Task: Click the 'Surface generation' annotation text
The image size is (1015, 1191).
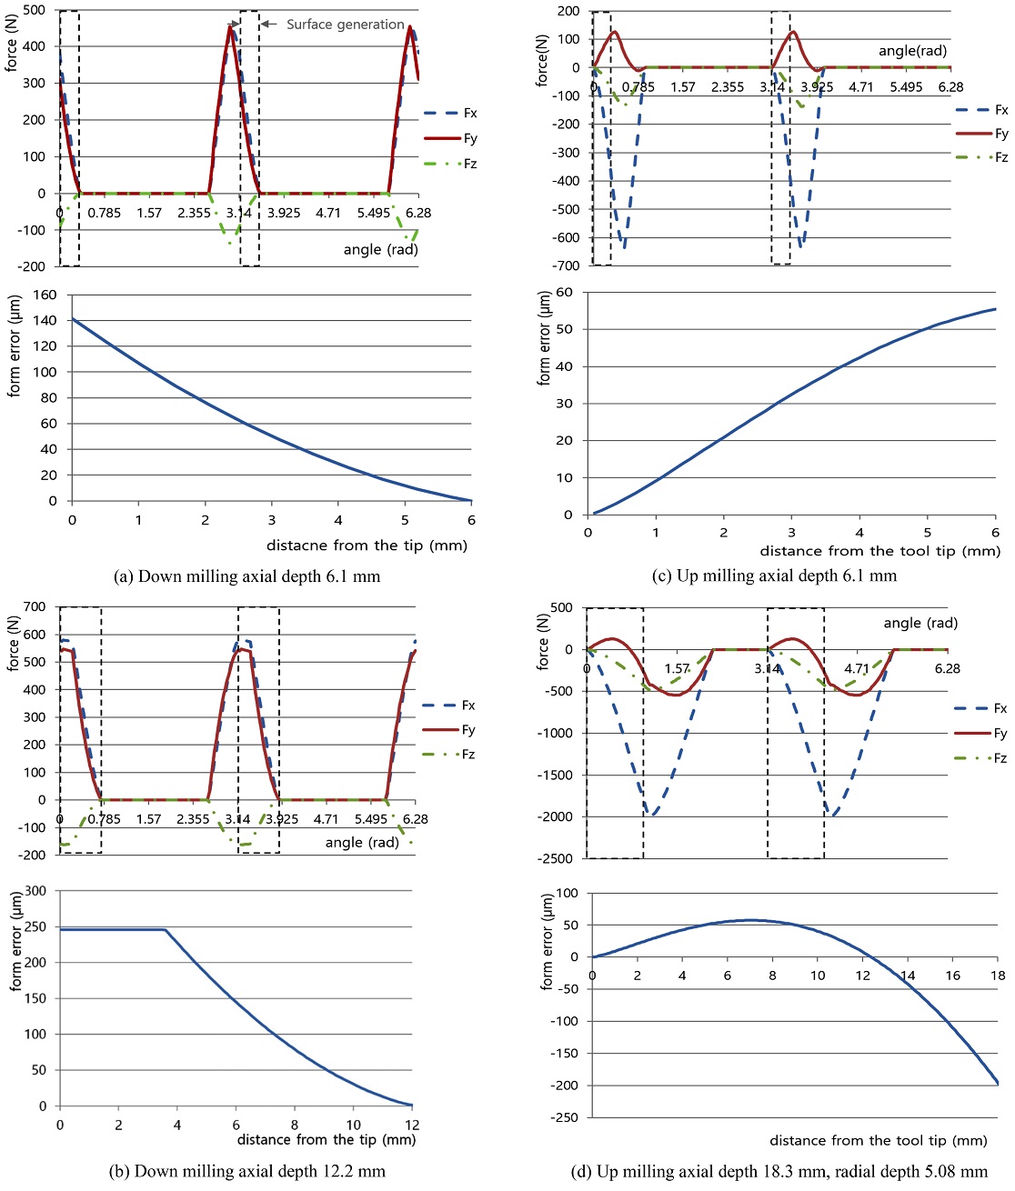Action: [x=345, y=25]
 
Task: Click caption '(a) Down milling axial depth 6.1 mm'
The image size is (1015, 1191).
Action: [x=246, y=576]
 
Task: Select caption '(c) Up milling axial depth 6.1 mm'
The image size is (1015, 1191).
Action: [x=774, y=575]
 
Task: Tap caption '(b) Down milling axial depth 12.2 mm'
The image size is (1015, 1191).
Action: [x=246, y=1171]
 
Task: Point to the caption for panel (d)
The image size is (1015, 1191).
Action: [x=779, y=1171]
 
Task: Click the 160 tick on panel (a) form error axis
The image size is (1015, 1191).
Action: [x=45, y=295]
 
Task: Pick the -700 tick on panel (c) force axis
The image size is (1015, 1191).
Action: [x=568, y=265]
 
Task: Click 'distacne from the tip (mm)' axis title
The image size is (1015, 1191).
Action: [x=367, y=545]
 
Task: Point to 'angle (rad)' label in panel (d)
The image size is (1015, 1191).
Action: [x=920, y=623]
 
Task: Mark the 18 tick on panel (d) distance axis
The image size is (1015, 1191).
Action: [x=998, y=976]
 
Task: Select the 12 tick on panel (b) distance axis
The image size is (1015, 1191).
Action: [x=412, y=1125]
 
